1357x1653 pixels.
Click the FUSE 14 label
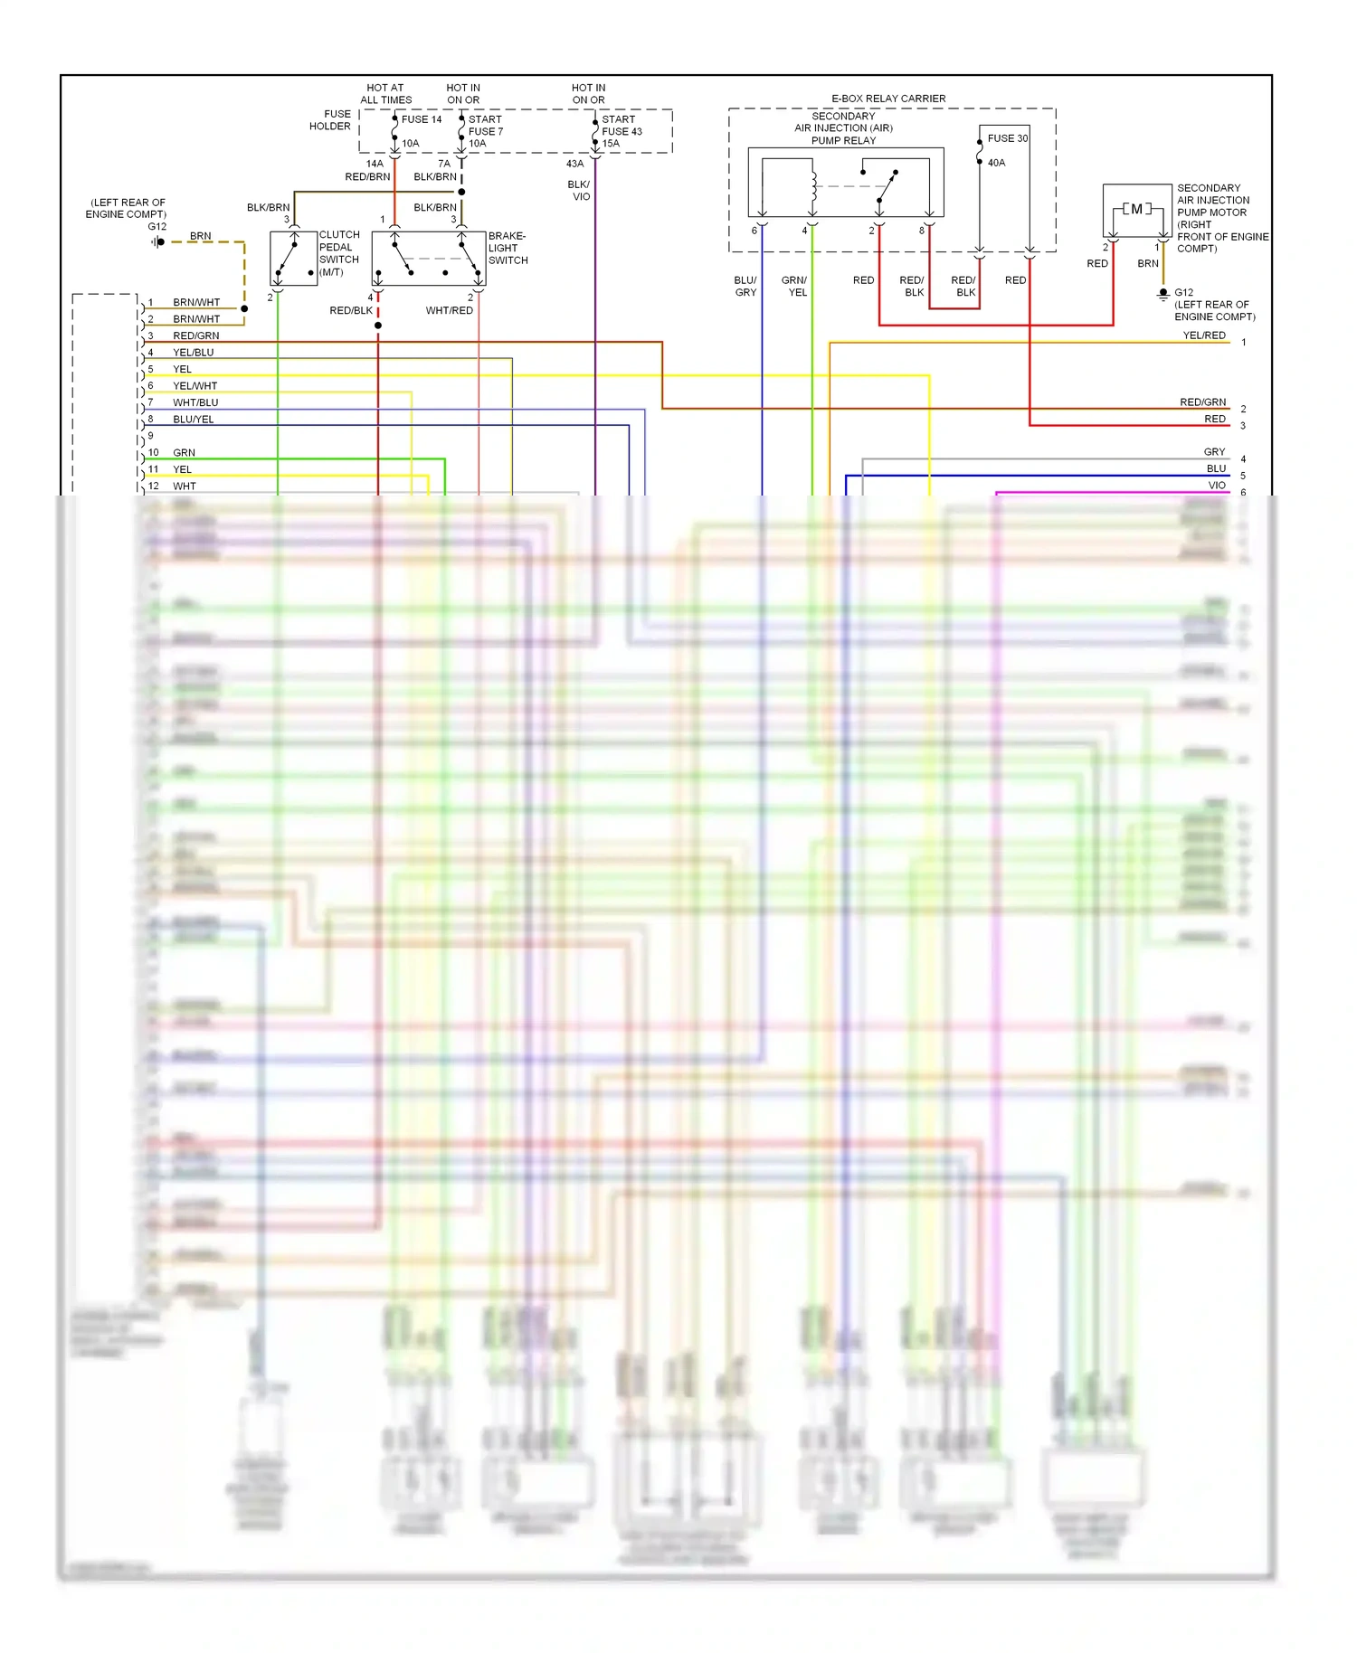[x=422, y=119]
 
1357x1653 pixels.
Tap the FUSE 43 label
[x=622, y=131]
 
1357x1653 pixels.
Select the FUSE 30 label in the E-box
[x=1007, y=138]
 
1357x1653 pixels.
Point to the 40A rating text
[x=996, y=163]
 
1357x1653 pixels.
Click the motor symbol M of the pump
[x=1136, y=210]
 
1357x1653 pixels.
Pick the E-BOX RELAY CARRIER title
[x=888, y=99]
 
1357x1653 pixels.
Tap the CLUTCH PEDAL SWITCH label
[x=339, y=252]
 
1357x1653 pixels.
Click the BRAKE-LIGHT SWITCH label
[x=508, y=248]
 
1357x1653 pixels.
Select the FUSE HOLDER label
[x=330, y=120]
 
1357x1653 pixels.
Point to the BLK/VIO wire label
[x=579, y=190]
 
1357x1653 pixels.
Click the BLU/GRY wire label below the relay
[x=745, y=286]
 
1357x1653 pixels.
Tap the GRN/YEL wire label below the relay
[x=795, y=286]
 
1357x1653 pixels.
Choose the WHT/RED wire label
[x=450, y=310]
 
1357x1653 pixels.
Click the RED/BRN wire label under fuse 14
[x=367, y=176]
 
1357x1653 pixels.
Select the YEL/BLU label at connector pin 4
[x=194, y=353]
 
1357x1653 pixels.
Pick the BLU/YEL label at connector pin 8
[x=194, y=420]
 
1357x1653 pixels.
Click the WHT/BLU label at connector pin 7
[x=195, y=402]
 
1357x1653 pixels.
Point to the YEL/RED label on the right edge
[x=1204, y=335]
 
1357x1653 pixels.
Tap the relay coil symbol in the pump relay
[x=813, y=186]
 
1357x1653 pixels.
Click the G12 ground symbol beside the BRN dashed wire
[x=159, y=241]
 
